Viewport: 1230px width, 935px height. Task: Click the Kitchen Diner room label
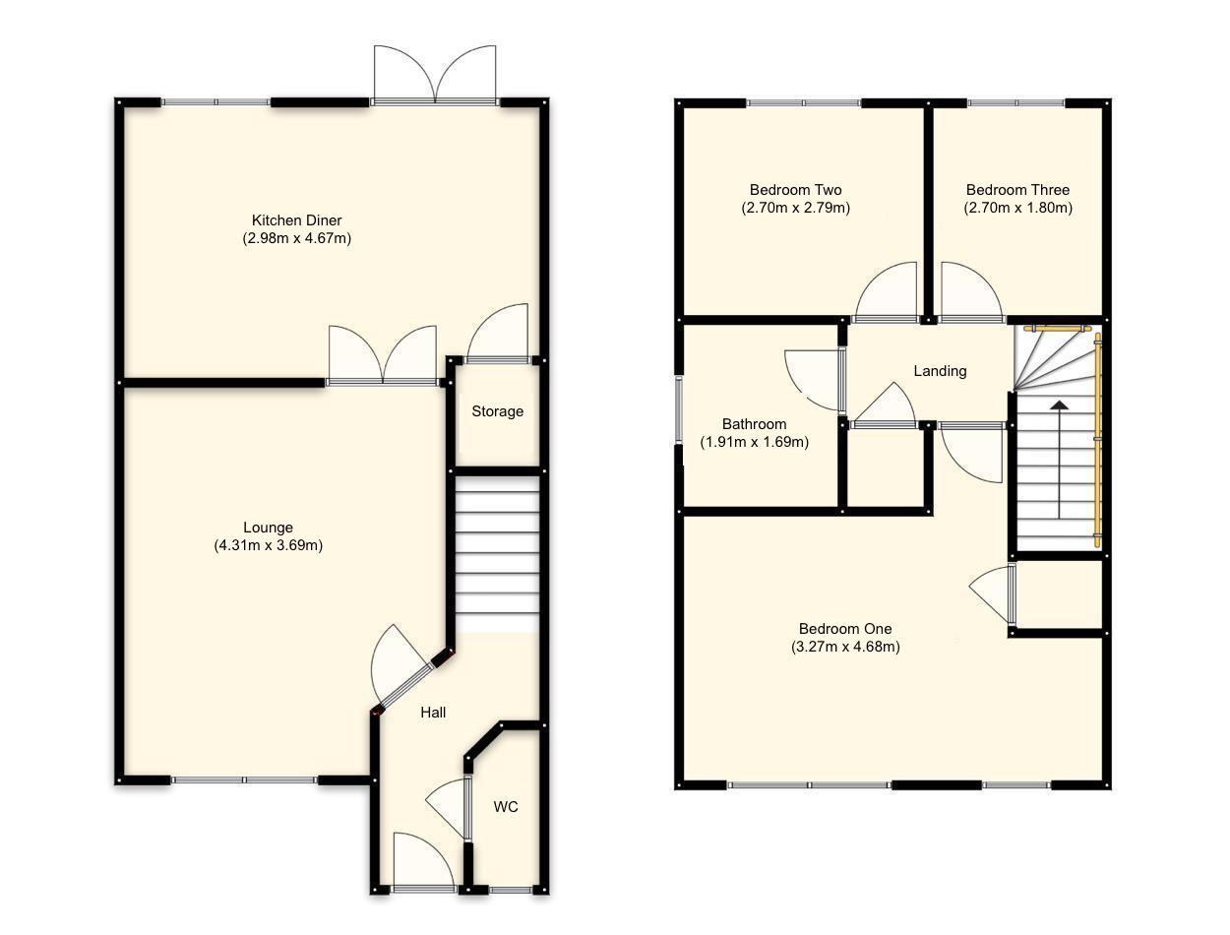pyautogui.click(x=297, y=220)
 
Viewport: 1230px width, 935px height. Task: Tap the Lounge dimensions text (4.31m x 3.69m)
pyautogui.click(x=269, y=545)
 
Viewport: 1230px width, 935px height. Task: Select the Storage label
pyautogui.click(x=497, y=411)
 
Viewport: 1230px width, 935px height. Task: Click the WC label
pyautogui.click(x=506, y=807)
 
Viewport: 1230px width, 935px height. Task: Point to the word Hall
pyautogui.click(x=433, y=712)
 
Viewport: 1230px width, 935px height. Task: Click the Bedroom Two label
pyautogui.click(x=795, y=190)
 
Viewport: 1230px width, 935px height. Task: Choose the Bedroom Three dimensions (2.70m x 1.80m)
pyautogui.click(x=1017, y=208)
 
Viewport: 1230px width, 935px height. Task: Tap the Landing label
pyautogui.click(x=940, y=371)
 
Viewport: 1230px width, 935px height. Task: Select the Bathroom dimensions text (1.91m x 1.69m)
pyautogui.click(x=754, y=442)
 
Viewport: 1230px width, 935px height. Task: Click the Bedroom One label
pyautogui.click(x=844, y=629)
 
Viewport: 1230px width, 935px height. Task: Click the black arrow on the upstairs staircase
pyautogui.click(x=1059, y=405)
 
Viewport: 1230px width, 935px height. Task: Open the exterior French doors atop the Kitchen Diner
pyautogui.click(x=434, y=75)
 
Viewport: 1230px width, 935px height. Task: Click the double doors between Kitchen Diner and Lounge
pyautogui.click(x=383, y=356)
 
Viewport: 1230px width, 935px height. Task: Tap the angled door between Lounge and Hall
pyautogui.click(x=399, y=664)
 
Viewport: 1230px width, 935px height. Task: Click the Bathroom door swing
pyautogui.click(x=812, y=380)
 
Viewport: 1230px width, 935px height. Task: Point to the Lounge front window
pyautogui.click(x=244, y=780)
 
